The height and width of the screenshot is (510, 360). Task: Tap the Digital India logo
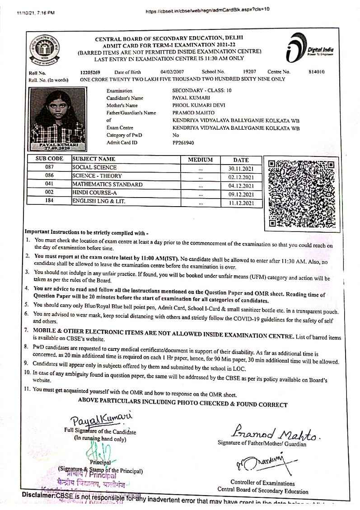(x=309, y=47)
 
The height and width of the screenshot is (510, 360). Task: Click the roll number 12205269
(x=90, y=72)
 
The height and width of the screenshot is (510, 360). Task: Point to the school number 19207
(x=249, y=72)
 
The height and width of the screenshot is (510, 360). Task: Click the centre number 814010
(x=316, y=72)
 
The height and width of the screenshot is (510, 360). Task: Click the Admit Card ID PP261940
(x=183, y=142)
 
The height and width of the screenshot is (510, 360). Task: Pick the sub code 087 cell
(x=50, y=168)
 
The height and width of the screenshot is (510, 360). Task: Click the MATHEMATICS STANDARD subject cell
(x=108, y=184)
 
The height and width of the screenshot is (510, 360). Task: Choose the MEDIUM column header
(x=200, y=160)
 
